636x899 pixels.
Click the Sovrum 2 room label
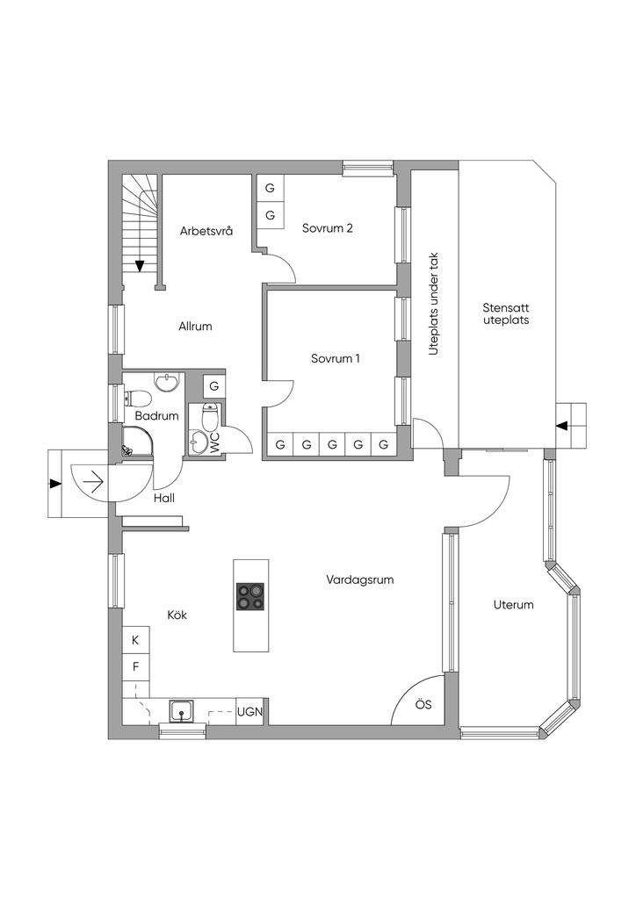tap(328, 228)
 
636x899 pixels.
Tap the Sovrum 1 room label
tap(336, 359)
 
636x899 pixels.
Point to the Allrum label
tap(195, 327)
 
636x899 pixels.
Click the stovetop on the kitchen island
tap(250, 597)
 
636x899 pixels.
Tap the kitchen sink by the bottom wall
tap(181, 711)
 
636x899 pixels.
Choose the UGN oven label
tap(250, 712)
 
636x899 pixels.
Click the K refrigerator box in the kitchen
tap(136, 640)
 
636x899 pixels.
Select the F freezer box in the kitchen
tap(136, 667)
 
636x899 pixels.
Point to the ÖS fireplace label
tap(423, 705)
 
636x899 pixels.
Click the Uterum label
tap(513, 604)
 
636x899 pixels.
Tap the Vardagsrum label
tap(360, 579)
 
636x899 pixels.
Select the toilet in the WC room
tap(211, 417)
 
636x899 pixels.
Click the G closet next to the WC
tap(214, 386)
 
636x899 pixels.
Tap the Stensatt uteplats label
tap(506, 314)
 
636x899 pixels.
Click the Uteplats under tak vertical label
tap(434, 304)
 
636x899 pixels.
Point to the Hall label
tap(164, 499)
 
